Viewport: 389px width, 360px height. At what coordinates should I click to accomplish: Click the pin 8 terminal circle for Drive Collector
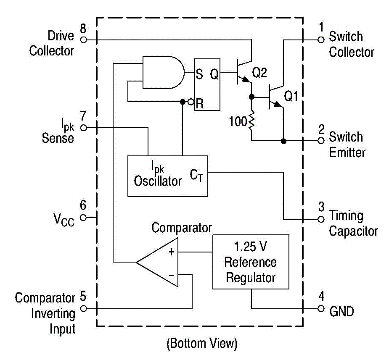pyautogui.click(x=83, y=39)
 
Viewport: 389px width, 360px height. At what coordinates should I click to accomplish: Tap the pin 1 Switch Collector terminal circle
pyautogui.click(x=321, y=39)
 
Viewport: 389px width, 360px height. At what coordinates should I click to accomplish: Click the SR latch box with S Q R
pyautogui.click(x=207, y=84)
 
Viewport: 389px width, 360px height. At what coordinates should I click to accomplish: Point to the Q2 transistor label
pyautogui.click(x=259, y=73)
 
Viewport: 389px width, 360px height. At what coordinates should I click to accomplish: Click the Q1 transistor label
pyautogui.click(x=291, y=96)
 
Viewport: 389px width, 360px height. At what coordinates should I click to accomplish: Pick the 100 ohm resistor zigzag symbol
pyautogui.click(x=251, y=122)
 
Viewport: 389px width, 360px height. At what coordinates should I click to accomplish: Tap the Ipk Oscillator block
pyautogui.click(x=167, y=176)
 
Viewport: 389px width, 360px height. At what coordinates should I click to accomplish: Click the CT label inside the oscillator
pyautogui.click(x=196, y=175)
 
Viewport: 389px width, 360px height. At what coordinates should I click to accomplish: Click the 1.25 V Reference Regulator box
pyautogui.click(x=251, y=262)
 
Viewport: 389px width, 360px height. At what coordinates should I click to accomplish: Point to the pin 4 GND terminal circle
pyautogui.click(x=321, y=309)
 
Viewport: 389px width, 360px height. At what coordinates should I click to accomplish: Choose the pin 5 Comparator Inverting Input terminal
pyautogui.click(x=83, y=309)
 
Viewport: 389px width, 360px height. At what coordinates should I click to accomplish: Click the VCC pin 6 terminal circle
pyautogui.click(x=83, y=218)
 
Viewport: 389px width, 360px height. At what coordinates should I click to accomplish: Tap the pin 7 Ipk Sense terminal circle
pyautogui.click(x=83, y=127)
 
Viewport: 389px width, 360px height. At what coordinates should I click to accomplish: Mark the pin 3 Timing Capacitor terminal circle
pyautogui.click(x=321, y=219)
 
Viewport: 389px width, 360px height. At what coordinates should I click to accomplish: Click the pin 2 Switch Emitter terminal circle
pyautogui.click(x=321, y=141)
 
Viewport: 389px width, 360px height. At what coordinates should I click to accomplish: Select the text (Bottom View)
pyautogui.click(x=202, y=344)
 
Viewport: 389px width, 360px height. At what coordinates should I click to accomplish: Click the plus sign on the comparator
pyautogui.click(x=172, y=252)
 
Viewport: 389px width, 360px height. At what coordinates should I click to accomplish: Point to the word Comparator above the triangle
pyautogui.click(x=182, y=228)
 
